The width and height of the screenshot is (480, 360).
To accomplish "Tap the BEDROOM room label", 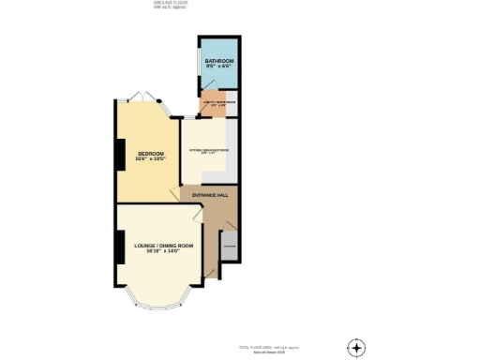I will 151,154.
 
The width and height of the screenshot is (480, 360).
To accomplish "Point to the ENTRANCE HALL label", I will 210,195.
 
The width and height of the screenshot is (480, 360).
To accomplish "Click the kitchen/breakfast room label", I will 210,150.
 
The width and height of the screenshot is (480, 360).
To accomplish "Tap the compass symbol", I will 356,347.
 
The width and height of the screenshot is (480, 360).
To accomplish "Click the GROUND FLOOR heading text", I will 165,3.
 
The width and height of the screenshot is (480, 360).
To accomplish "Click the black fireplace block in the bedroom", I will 120,155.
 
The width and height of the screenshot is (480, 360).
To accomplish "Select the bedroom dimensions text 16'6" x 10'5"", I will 151,160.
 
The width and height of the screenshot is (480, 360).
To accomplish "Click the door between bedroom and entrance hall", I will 173,193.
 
